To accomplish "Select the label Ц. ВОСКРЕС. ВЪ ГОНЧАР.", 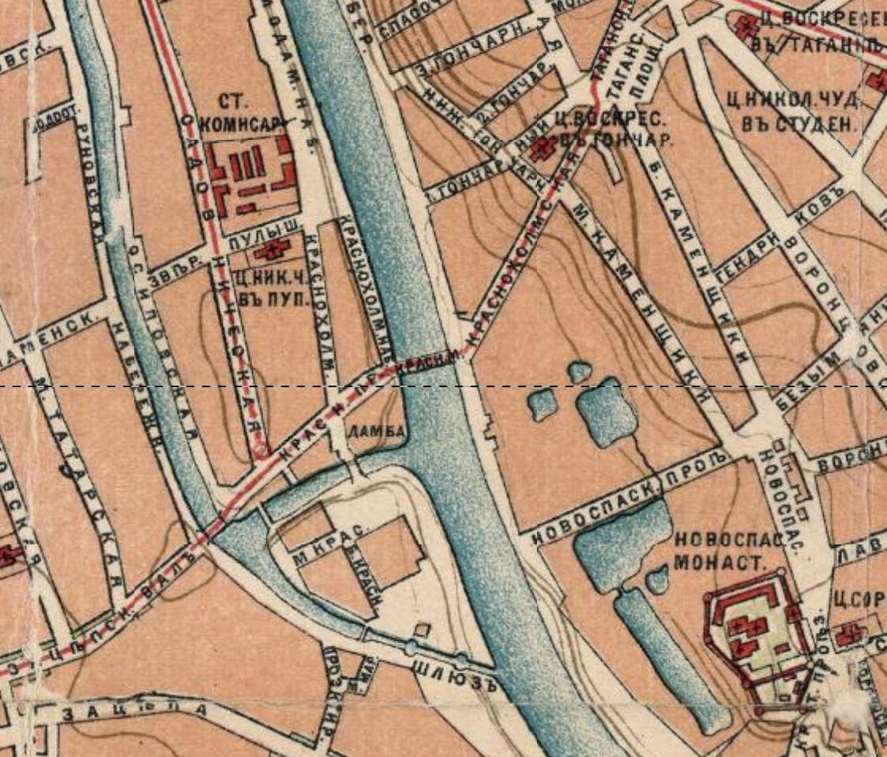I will pos(619,131).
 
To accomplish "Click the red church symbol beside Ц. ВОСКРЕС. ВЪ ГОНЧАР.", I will pos(542,148).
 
